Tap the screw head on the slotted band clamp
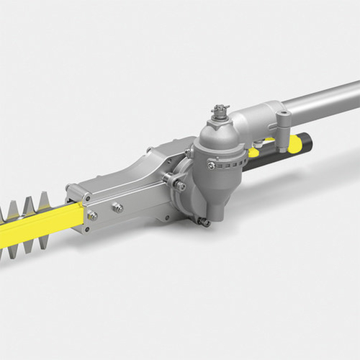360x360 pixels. click(210, 166)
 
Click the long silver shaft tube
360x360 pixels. click(317, 102)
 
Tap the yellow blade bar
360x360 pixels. click(36, 228)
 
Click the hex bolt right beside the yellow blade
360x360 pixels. click(92, 215)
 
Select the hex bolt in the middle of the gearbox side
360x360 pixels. click(117, 208)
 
